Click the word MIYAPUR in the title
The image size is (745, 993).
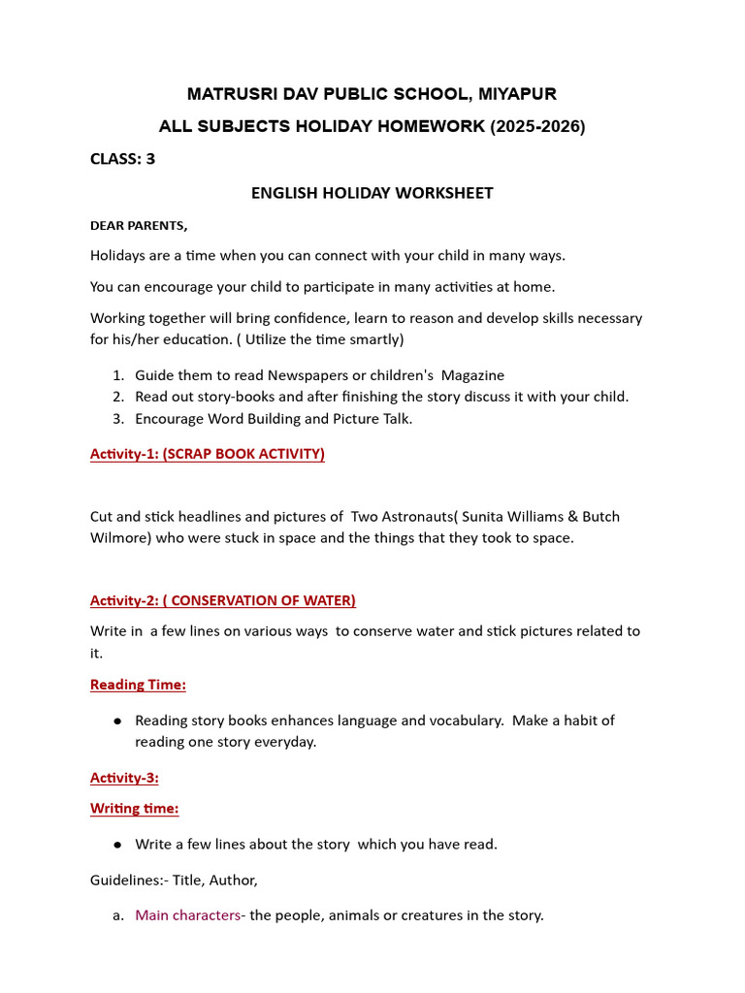click(515, 94)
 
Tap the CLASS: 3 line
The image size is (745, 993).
click(122, 159)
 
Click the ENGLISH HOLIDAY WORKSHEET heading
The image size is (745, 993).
click(372, 193)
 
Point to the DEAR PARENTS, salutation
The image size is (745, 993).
click(139, 225)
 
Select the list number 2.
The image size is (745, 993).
click(116, 397)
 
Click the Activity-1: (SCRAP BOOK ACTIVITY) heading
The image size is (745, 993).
click(208, 454)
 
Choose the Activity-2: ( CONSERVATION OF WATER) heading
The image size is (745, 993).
click(223, 600)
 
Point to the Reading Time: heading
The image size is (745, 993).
click(138, 685)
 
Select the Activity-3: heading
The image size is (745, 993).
click(124, 778)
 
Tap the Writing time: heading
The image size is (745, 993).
click(135, 808)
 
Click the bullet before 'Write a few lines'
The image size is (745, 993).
click(117, 845)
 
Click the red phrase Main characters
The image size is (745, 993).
click(187, 914)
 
